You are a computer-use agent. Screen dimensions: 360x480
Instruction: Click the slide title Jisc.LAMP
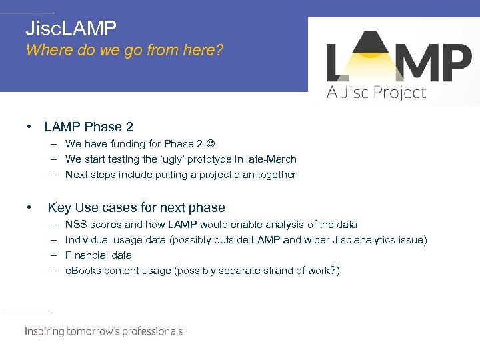coord(71,28)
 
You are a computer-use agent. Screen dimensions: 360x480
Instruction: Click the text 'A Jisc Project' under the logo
coord(376,93)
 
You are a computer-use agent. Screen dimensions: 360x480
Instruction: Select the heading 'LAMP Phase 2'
coord(89,127)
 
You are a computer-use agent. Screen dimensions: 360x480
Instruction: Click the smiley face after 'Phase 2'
coord(211,144)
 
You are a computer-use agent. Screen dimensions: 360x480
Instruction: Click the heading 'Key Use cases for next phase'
coord(137,207)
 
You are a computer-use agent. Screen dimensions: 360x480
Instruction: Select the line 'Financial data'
coord(99,255)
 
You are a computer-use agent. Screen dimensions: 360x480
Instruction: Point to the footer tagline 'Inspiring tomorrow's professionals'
coord(103,331)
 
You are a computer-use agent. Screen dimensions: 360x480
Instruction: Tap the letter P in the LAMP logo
coord(456,61)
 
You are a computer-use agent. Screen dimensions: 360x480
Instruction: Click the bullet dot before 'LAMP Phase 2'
coord(29,127)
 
